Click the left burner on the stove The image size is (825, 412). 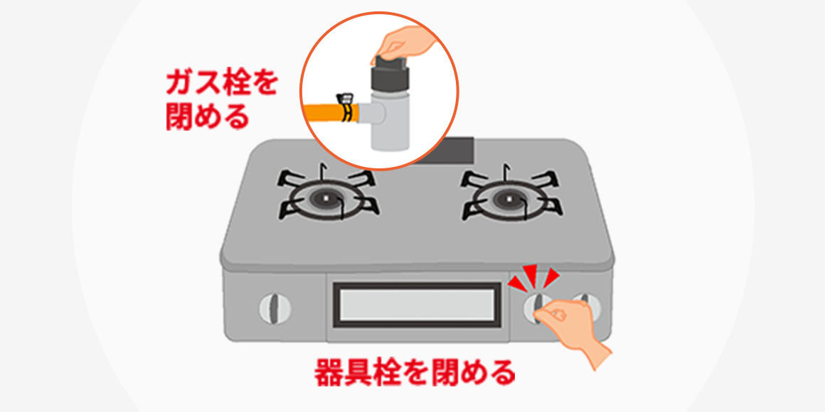click(x=328, y=197)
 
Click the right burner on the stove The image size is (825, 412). click(x=511, y=197)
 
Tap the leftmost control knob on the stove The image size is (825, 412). click(x=275, y=308)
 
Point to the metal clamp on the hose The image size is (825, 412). click(x=345, y=107)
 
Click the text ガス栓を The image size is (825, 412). click(x=221, y=84)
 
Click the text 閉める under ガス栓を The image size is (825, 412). click(x=207, y=116)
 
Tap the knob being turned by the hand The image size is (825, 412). click(x=537, y=308)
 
